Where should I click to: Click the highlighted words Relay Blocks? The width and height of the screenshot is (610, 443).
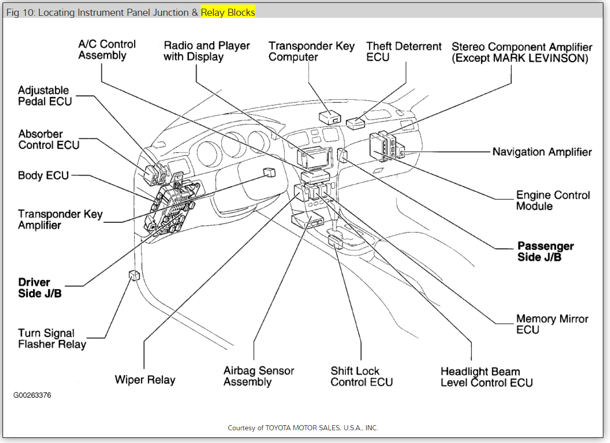coord(228,12)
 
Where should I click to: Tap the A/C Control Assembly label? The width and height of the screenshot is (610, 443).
coord(107,49)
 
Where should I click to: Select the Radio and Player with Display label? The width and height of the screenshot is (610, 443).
coord(206,51)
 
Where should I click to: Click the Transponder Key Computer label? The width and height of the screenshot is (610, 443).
coord(311,51)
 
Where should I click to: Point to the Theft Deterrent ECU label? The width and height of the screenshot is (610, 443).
coord(404,51)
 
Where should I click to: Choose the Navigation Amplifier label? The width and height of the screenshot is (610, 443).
coord(542,152)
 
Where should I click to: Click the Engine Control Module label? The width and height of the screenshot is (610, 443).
coord(552,200)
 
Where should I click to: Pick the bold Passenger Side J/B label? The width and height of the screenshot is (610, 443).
coord(545,251)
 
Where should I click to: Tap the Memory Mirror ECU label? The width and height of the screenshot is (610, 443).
coord(552,324)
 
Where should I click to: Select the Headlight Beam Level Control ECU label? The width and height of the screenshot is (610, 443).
coord(486,377)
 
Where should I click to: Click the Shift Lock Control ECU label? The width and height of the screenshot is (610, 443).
coord(361,376)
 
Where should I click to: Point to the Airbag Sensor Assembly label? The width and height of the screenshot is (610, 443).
coord(258,376)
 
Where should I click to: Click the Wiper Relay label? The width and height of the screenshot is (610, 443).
coord(145,380)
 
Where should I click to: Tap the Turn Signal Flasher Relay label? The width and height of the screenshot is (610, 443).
coord(52,338)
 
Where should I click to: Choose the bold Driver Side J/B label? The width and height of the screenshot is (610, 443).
coord(40,288)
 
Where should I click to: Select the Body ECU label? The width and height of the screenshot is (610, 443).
coord(43,175)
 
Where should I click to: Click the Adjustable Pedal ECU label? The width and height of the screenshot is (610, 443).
coord(45,96)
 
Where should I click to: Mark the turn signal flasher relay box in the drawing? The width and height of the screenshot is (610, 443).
coord(134,275)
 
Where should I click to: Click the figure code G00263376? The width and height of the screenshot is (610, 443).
coord(32,395)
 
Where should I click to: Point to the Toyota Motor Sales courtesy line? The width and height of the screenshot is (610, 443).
coord(303,428)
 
